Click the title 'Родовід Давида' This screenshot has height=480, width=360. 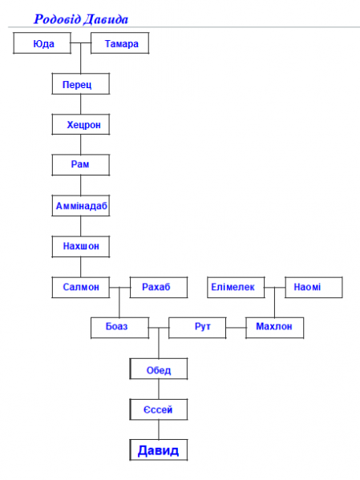tap(80, 19)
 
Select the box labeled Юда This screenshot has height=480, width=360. tap(42, 43)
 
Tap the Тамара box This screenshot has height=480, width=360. tap(120, 43)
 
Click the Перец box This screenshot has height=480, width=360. tap(81, 83)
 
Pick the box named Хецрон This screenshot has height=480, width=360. tap(81, 124)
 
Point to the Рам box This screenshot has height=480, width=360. tap(81, 165)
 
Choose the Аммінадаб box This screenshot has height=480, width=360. tap(81, 206)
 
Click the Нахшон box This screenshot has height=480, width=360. tap(81, 247)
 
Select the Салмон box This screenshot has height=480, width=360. tap(81, 287)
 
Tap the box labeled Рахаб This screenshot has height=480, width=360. tap(159, 287)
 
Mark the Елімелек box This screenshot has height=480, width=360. tap(236, 287)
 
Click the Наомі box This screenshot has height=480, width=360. tap(313, 287)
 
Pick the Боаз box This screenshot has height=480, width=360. tap(120, 328)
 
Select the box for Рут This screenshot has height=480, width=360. tap(197, 328)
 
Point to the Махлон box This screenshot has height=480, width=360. tap(275, 328)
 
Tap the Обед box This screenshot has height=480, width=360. tap(159, 369)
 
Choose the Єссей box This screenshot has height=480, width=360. tap(159, 409)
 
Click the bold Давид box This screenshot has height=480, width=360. tap(159, 450)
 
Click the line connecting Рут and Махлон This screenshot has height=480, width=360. tap(236, 328)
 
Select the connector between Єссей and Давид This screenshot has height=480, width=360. tap(159, 430)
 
